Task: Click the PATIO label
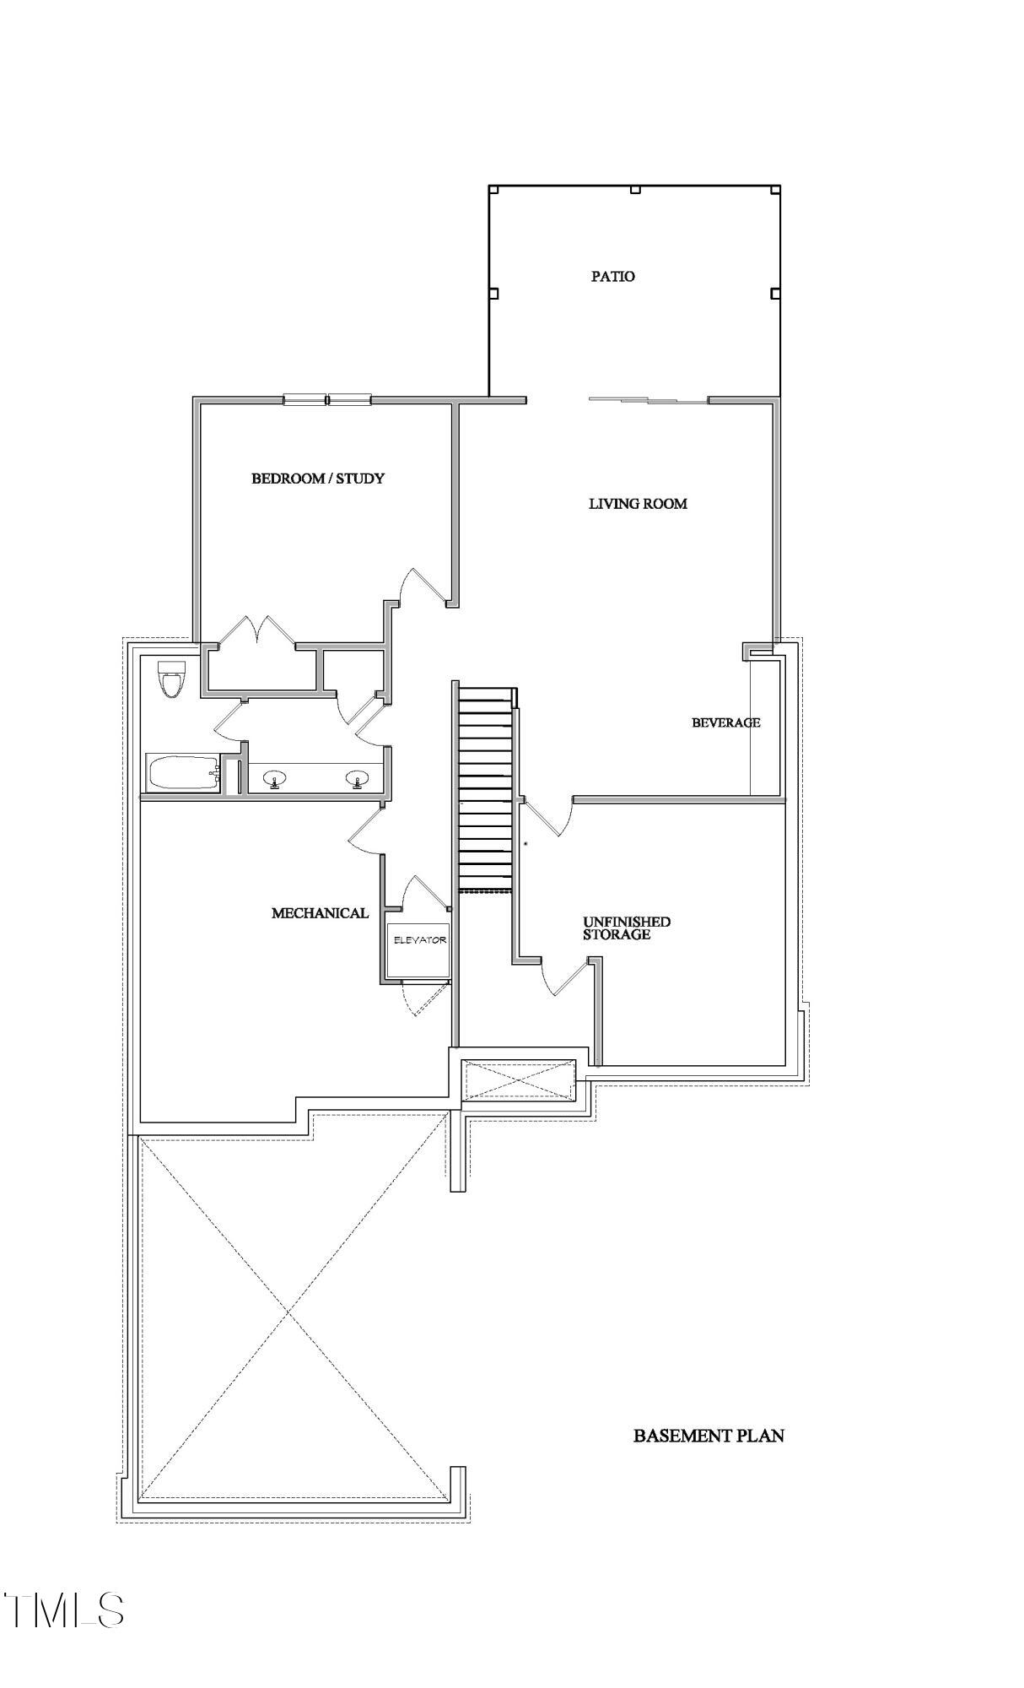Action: click(x=612, y=276)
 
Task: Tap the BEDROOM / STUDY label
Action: click(x=318, y=479)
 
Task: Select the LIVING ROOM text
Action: click(x=637, y=504)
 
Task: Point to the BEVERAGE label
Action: click(x=725, y=722)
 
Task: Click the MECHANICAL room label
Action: click(x=320, y=913)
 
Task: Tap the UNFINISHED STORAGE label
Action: click(x=626, y=928)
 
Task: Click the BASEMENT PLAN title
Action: click(x=708, y=1436)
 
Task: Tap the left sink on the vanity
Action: click(x=274, y=779)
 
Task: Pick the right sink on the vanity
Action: click(x=358, y=779)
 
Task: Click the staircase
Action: click(x=485, y=789)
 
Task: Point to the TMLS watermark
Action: click(x=65, y=1610)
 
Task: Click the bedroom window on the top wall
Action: click(x=327, y=400)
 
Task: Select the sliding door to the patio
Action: click(x=648, y=400)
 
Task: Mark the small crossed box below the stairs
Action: click(x=518, y=1080)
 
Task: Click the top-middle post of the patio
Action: click(x=635, y=190)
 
